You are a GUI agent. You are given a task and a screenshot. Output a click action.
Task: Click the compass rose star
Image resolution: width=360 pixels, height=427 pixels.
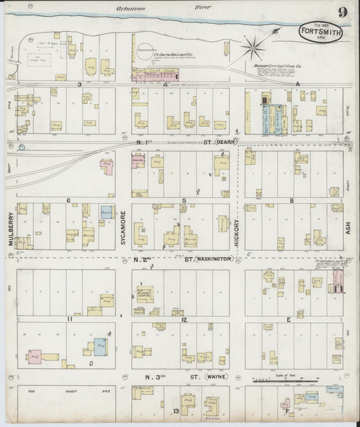pyautogui.click(x=255, y=47)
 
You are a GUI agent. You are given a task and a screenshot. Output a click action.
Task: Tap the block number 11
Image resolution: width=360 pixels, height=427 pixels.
pyautogui.click(x=70, y=318)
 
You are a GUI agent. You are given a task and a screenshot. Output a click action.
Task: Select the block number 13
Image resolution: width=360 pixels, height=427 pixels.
pyautogui.click(x=176, y=410)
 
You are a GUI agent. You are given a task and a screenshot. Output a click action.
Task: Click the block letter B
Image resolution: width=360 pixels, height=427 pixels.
pyautogui.click(x=291, y=201)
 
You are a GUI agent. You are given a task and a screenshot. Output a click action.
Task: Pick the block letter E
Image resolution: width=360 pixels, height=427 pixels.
pyautogui.click(x=289, y=319)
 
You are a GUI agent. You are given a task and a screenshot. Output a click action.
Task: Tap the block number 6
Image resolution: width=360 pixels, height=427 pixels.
pyautogui.click(x=68, y=201)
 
